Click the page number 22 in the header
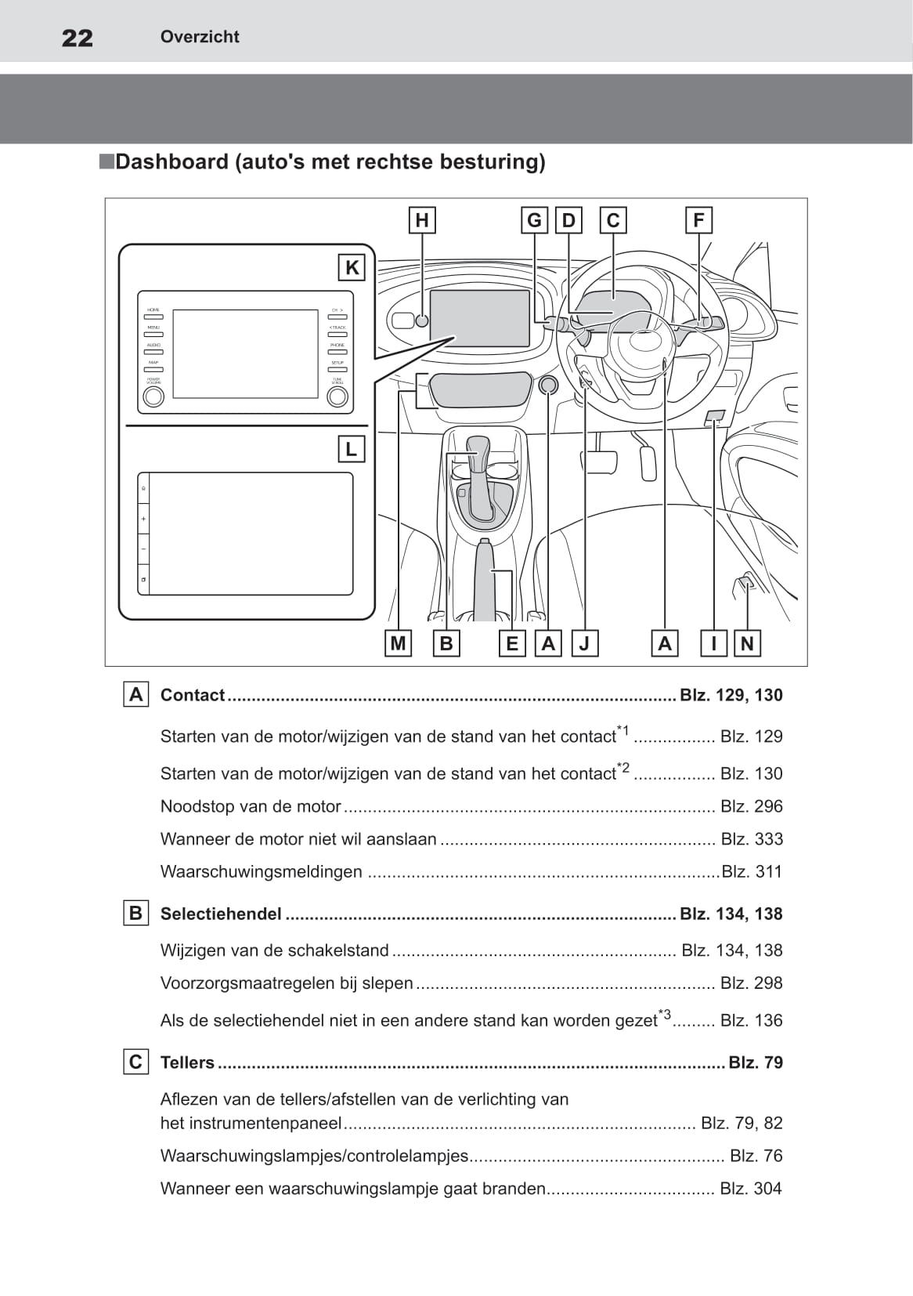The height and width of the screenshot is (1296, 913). pyautogui.click(x=77, y=38)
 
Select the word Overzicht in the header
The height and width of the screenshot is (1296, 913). pyautogui.click(x=200, y=37)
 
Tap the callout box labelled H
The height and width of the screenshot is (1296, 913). pyautogui.click(x=422, y=220)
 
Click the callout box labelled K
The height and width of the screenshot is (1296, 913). pyautogui.click(x=352, y=268)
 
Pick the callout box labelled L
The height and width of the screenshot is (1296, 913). pyautogui.click(x=351, y=449)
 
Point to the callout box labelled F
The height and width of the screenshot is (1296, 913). pyautogui.click(x=698, y=220)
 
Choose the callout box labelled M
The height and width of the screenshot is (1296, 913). pyautogui.click(x=398, y=643)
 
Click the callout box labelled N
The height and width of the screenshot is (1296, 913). pyautogui.click(x=747, y=643)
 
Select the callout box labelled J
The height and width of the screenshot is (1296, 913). pyautogui.click(x=584, y=643)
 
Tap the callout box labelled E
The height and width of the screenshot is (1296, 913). pyautogui.click(x=512, y=643)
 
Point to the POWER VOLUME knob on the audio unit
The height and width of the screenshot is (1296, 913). pyautogui.click(x=153, y=396)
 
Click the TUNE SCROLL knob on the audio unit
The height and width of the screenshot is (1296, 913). pyautogui.click(x=337, y=396)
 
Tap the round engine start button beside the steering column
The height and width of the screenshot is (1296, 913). pyautogui.click(x=548, y=385)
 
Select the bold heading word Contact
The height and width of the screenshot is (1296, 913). pyautogui.click(x=193, y=695)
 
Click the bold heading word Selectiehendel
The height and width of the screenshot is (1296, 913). pyautogui.click(x=221, y=914)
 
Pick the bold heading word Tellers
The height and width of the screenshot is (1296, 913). pyautogui.click(x=187, y=1063)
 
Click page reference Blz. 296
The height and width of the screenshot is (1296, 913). pyautogui.click(x=751, y=806)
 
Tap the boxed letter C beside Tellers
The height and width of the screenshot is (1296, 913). pyautogui.click(x=135, y=1063)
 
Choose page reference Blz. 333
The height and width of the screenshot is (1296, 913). pyautogui.click(x=751, y=839)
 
